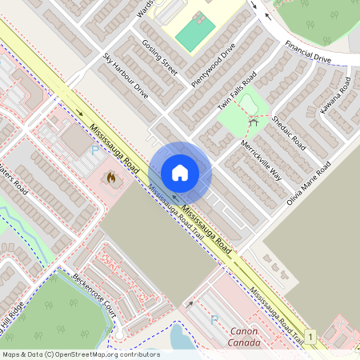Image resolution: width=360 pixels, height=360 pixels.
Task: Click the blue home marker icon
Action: [x=180, y=172]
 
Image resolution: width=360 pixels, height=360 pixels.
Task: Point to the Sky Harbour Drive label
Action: [x=126, y=76]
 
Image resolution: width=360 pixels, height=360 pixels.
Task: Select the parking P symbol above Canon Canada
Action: [x=213, y=319]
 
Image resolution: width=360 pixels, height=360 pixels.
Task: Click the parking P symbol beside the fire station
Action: [x=96, y=149]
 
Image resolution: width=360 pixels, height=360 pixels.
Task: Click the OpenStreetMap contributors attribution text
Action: [x=80, y=354]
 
